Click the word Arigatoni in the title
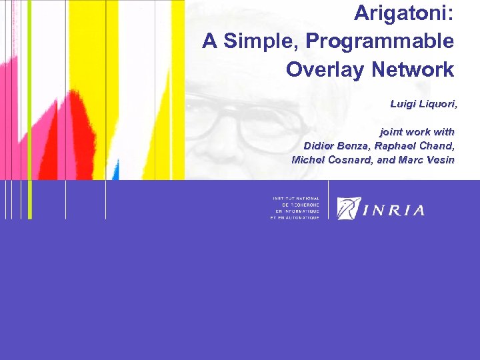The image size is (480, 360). [402, 12]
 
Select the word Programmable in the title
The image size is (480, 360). [380, 41]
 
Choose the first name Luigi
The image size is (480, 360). [403, 104]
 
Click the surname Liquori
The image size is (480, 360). [437, 104]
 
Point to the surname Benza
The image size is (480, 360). [360, 146]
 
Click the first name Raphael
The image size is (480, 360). [404, 146]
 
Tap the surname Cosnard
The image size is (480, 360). [354, 160]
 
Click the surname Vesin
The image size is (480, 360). [439, 160]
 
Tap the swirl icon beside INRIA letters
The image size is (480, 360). [349, 208]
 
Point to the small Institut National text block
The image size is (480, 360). [295, 208]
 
